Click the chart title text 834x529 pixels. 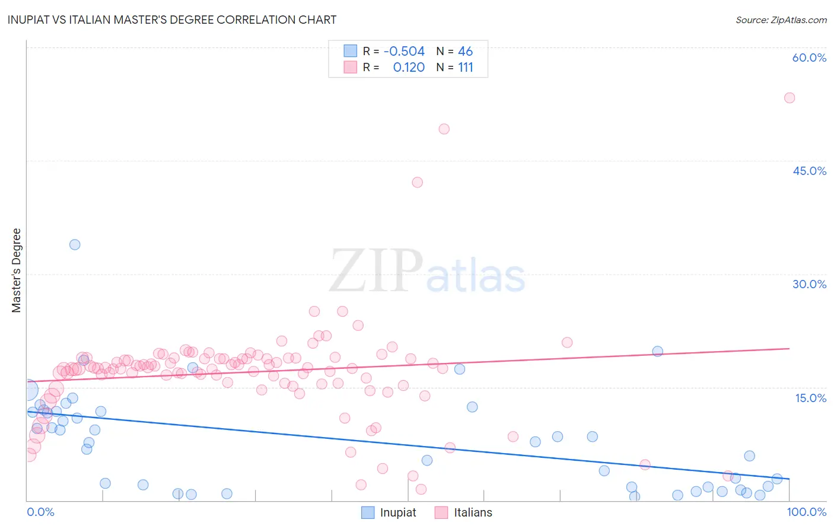click(x=172, y=20)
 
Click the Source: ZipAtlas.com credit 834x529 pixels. click(x=781, y=20)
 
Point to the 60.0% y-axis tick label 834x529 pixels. click(x=809, y=58)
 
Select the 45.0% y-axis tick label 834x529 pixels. click(x=809, y=171)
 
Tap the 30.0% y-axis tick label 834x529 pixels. click(x=809, y=284)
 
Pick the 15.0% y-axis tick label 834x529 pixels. click(x=810, y=398)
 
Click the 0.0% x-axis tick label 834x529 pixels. click(x=40, y=512)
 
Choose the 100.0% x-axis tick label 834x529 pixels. click(x=807, y=512)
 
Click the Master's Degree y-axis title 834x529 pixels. click(x=17, y=270)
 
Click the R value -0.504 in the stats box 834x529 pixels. click(x=404, y=52)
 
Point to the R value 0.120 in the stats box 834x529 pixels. click(x=409, y=68)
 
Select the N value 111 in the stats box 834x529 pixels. click(x=466, y=68)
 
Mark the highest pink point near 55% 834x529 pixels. click(x=790, y=98)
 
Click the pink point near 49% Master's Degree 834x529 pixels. click(x=444, y=129)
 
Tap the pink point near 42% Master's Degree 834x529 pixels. click(x=418, y=182)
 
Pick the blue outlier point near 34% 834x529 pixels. click(x=75, y=244)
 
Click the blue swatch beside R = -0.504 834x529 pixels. click(x=351, y=52)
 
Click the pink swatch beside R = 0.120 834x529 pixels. click(x=351, y=68)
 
